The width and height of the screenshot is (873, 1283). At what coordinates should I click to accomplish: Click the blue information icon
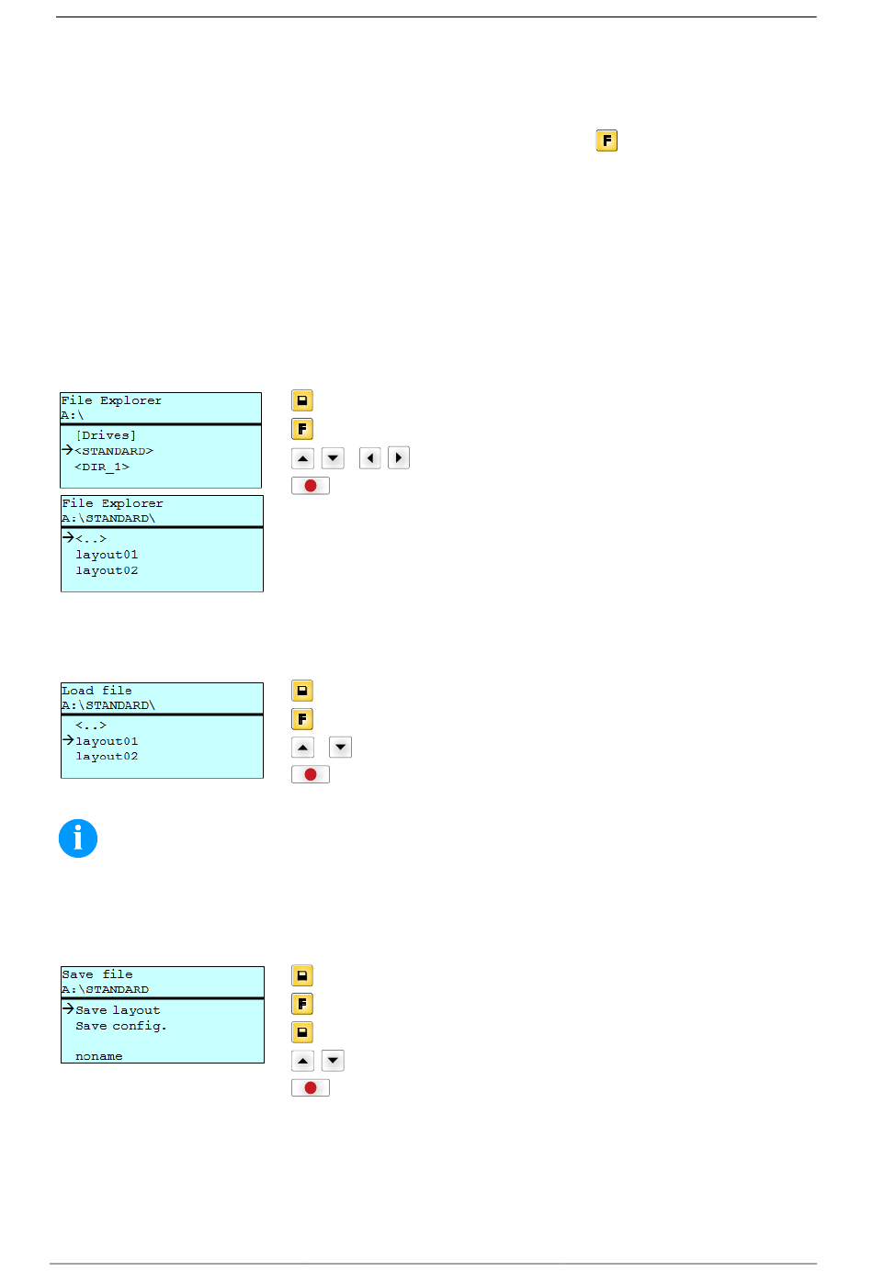pyautogui.click(x=78, y=838)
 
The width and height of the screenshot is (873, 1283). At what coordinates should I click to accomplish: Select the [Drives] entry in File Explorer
pyautogui.click(x=106, y=435)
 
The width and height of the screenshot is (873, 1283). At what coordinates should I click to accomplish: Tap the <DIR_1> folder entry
pyautogui.click(x=102, y=467)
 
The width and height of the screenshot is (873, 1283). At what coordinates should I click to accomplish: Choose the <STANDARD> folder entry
pyautogui.click(x=114, y=451)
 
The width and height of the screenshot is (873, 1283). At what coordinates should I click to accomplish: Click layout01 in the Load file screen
pyautogui.click(x=107, y=741)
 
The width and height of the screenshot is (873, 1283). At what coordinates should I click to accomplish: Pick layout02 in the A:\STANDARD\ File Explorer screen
pyautogui.click(x=107, y=570)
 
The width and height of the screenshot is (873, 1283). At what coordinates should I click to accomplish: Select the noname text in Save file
pyautogui.click(x=98, y=1056)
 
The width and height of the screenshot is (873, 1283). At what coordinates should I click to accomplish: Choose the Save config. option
pyautogui.click(x=121, y=1026)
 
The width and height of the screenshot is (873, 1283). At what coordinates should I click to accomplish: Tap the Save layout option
pyautogui.click(x=118, y=1010)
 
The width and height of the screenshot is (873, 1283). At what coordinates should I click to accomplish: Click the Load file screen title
pyautogui.click(x=96, y=691)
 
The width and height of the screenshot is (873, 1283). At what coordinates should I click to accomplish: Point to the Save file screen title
pyautogui.click(x=97, y=974)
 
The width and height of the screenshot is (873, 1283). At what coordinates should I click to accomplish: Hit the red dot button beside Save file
pyautogui.click(x=310, y=1087)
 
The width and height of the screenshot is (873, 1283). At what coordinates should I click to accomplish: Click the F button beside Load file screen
pyautogui.click(x=302, y=719)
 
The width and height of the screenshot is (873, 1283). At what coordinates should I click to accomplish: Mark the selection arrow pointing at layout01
pyautogui.click(x=68, y=740)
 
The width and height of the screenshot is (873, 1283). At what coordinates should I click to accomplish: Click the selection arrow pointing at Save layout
pyautogui.click(x=68, y=1008)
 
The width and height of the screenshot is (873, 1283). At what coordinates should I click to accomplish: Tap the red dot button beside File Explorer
pyautogui.click(x=310, y=486)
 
